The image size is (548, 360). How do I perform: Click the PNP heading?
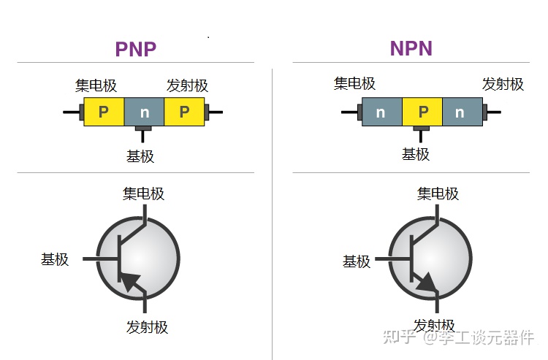136,49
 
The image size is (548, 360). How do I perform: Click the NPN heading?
411,48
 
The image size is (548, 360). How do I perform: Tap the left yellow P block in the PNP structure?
104,112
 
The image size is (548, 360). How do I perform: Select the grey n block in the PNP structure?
144,112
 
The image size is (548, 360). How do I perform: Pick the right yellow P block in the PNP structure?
184,112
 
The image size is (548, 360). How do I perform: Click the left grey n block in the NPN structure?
381,112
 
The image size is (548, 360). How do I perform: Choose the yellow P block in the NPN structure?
422,112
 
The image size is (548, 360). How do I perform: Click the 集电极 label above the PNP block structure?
96,85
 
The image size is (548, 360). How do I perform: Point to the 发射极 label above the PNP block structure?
187,85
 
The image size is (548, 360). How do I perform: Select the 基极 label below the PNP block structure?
140,156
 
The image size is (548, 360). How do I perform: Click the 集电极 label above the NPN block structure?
354,83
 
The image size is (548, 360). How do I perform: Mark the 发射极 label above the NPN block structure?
503,84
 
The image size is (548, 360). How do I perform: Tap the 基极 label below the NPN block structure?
416,154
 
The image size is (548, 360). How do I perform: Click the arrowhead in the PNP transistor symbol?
131,280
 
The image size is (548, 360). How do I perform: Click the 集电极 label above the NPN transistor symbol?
438,194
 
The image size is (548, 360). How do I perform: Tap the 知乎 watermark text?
401,337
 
